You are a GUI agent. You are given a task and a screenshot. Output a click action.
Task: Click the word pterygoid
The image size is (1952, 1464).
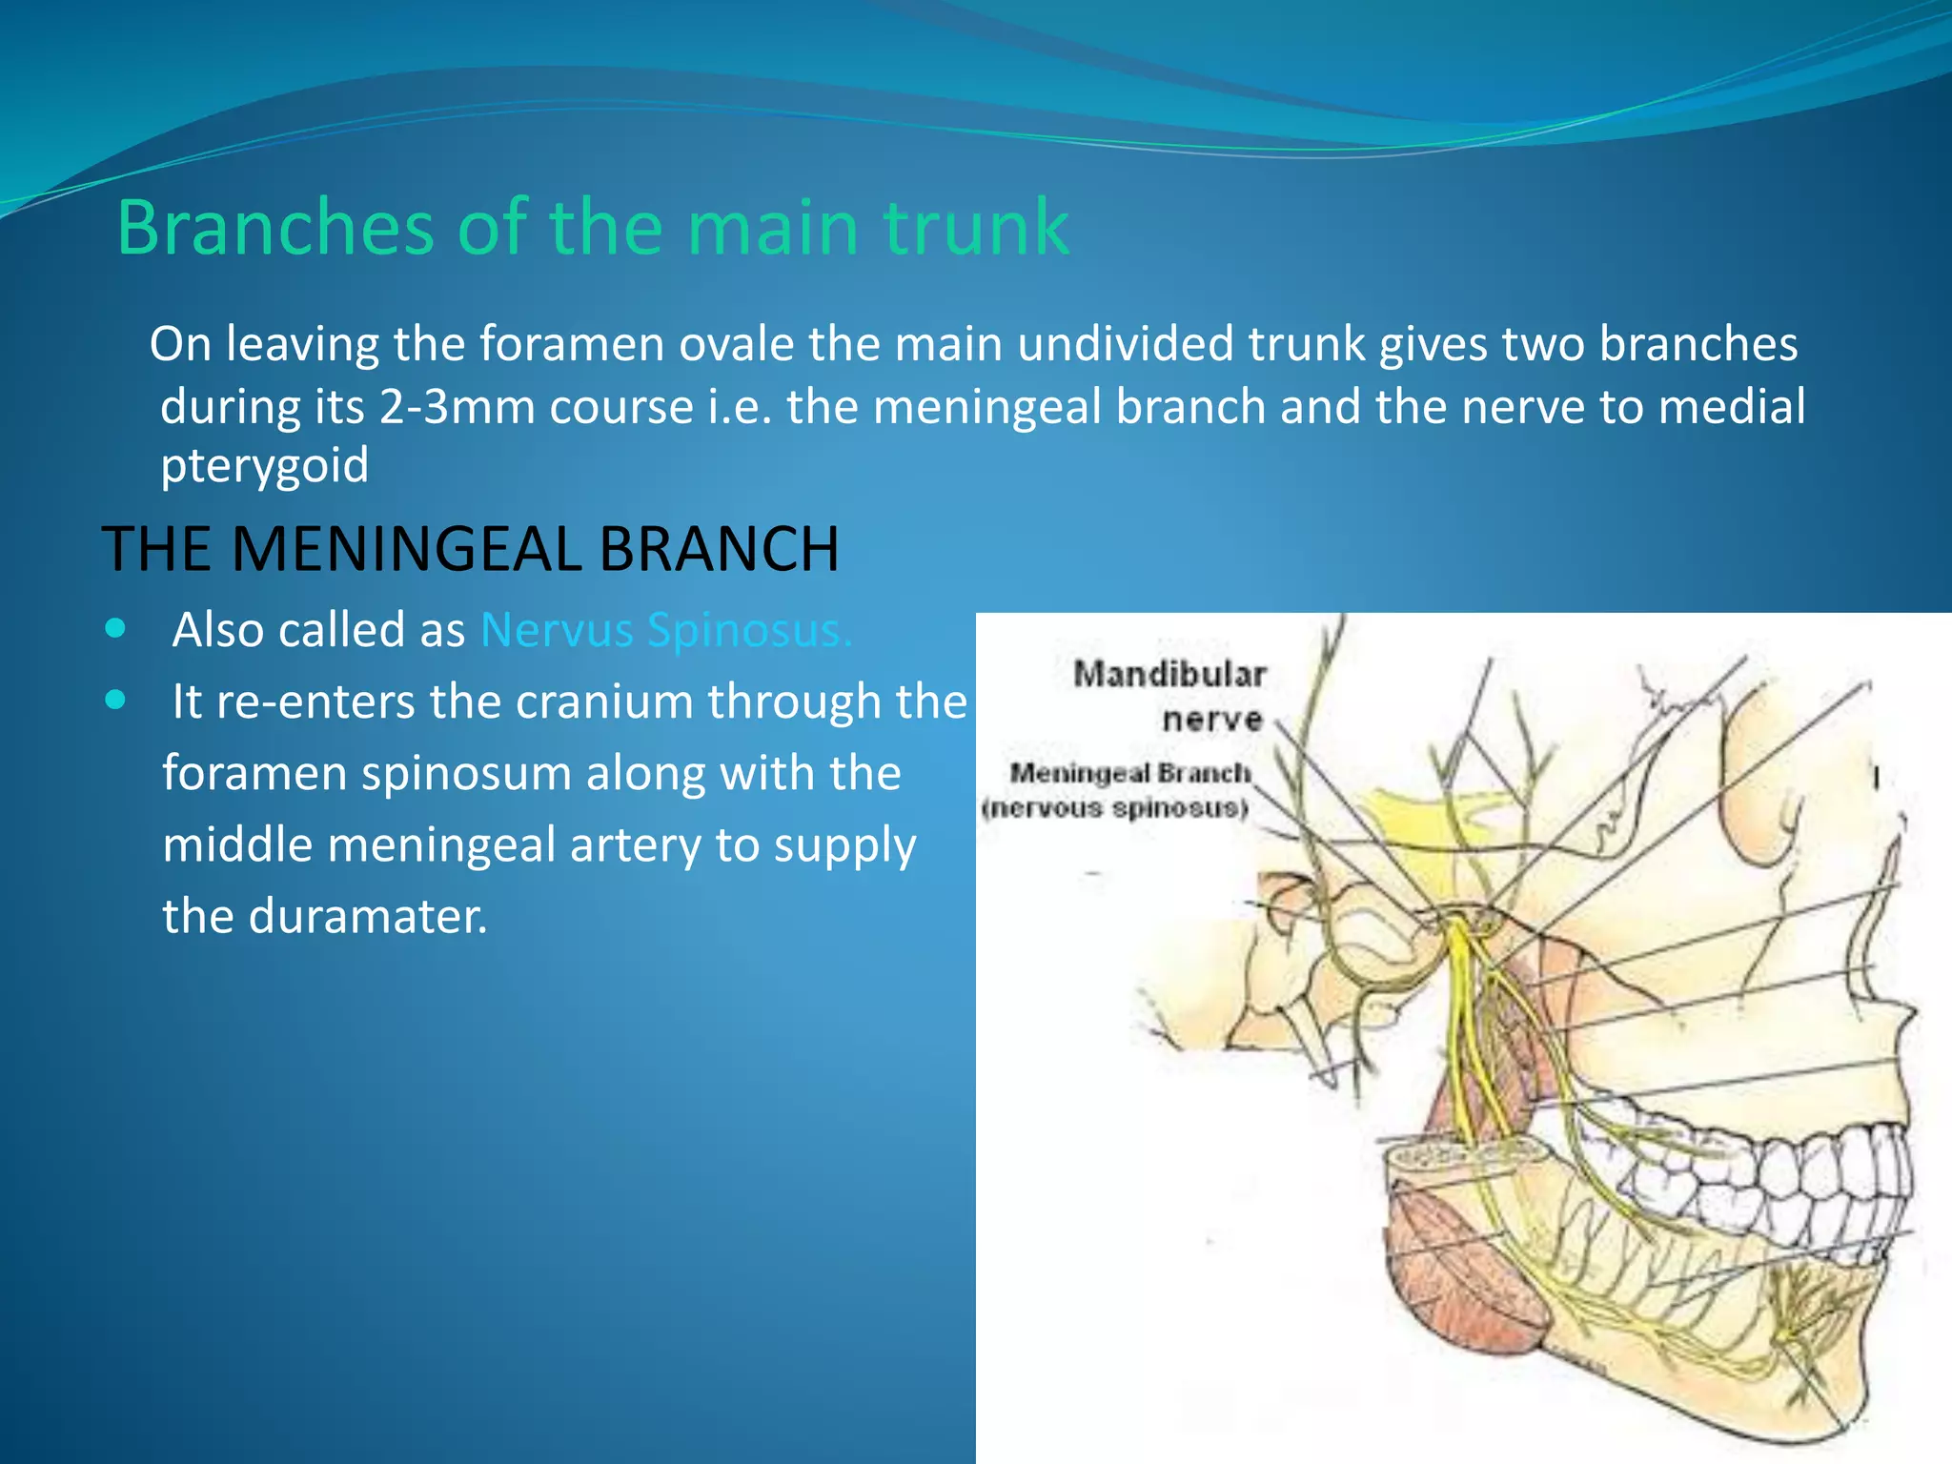click(264, 465)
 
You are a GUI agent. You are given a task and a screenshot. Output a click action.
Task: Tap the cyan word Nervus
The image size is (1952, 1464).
click(557, 630)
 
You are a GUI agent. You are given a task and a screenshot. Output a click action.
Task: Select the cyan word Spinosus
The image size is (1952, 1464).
click(749, 630)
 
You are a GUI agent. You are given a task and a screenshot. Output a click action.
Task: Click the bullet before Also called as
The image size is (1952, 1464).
click(115, 629)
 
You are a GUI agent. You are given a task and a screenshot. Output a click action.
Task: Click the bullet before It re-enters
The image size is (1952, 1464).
click(115, 701)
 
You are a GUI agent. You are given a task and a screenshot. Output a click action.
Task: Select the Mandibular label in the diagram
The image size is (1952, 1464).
click(1169, 674)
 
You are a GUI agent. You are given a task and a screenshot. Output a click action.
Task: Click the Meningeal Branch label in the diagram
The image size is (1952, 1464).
click(1130, 772)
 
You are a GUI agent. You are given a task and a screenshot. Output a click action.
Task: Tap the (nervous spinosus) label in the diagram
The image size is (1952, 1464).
click(1115, 808)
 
